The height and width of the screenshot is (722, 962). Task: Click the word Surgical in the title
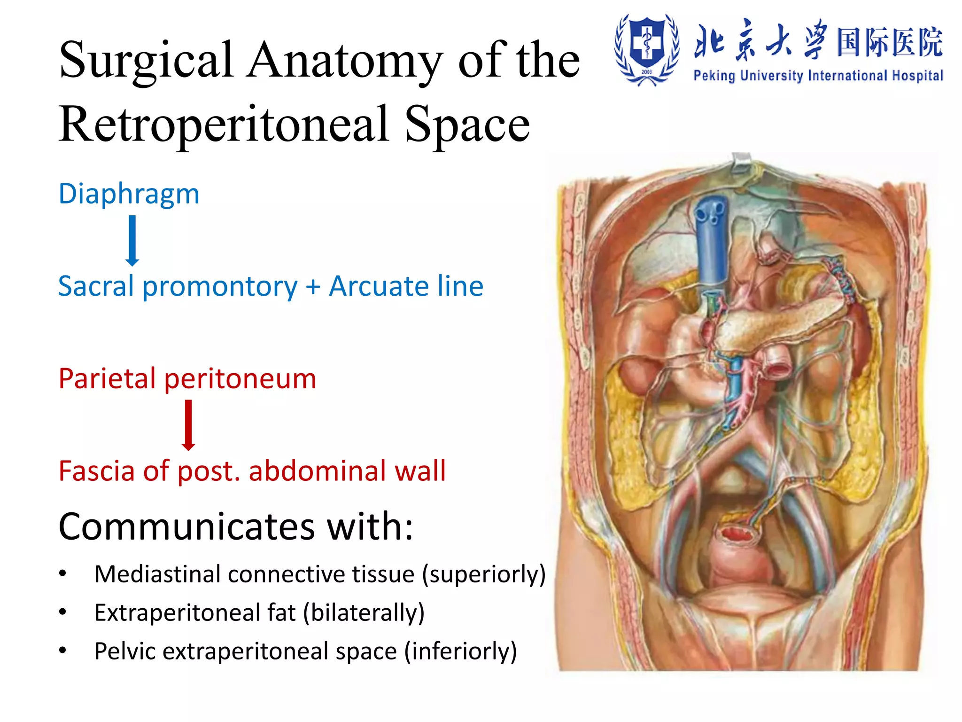coord(146,61)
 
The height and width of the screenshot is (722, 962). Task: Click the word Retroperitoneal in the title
coord(224,124)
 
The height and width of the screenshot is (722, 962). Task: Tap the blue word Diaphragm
coord(129,193)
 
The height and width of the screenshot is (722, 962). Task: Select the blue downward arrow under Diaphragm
coord(132,240)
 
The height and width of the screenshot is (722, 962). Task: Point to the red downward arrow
coord(188,425)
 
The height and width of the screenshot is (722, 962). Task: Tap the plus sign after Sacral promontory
coord(313,287)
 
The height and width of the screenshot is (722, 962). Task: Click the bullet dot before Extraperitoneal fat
coord(63,612)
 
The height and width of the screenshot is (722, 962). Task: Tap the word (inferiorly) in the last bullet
coord(460,651)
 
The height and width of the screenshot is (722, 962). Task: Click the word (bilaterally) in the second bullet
coord(364,612)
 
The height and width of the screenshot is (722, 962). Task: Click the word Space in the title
coord(467,124)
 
